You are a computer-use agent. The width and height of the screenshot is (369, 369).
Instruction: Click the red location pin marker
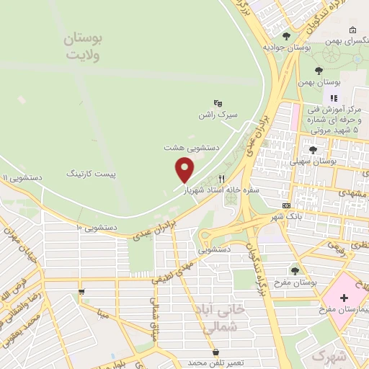click(x=184, y=169)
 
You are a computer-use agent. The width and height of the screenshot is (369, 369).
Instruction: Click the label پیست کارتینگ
click(x=91, y=174)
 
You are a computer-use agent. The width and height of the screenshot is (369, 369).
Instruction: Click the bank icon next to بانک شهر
click(x=286, y=205)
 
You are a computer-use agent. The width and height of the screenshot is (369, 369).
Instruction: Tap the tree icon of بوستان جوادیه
click(x=286, y=36)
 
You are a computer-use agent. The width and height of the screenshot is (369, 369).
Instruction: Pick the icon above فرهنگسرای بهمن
click(x=352, y=30)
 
